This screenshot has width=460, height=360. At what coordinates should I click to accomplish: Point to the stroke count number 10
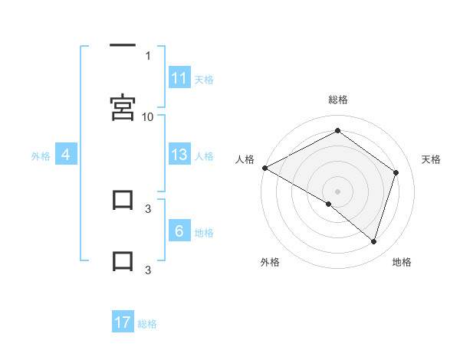tap(148, 116)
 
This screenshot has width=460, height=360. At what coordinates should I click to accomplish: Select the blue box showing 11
tap(179, 78)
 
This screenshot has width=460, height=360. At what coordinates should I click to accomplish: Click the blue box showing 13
tap(179, 155)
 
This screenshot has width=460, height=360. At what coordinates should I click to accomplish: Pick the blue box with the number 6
tap(179, 231)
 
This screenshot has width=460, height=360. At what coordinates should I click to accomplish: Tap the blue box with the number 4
tap(66, 155)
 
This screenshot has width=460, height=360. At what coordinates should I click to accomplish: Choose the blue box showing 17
tap(123, 322)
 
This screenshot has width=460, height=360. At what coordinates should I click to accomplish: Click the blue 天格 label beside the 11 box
tap(204, 79)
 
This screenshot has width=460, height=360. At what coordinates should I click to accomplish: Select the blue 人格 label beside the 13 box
tap(204, 155)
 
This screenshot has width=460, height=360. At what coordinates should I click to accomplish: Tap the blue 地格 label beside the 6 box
tap(204, 232)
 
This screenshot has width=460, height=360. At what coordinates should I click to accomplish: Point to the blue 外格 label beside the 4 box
tap(41, 155)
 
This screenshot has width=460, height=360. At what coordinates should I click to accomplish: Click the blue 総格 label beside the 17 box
tap(147, 323)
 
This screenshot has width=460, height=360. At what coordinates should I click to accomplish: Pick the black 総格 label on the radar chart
tap(337, 100)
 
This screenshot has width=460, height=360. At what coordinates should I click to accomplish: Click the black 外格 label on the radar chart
tap(270, 262)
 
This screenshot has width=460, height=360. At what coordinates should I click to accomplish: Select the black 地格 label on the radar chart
tap(402, 262)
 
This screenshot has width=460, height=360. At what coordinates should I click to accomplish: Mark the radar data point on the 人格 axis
tap(264, 168)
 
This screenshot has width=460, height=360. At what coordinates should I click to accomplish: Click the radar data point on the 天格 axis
tap(396, 172)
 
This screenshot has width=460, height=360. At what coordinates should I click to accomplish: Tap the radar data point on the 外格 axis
tap(328, 204)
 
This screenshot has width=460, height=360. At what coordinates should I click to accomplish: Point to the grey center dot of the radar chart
tap(337, 191)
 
